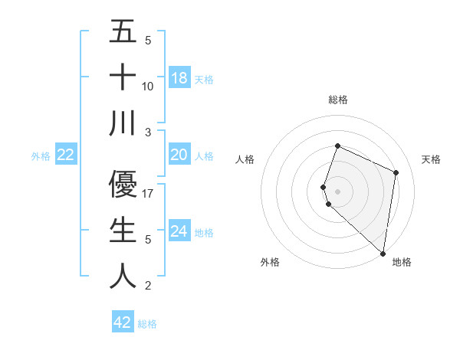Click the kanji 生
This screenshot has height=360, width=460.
tap(123, 230)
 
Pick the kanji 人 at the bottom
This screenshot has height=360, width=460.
tap(123, 276)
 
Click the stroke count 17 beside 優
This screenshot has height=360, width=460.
tap(149, 194)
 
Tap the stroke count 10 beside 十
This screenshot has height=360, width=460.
tap(149, 87)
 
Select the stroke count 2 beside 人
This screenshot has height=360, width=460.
tap(148, 286)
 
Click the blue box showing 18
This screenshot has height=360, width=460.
tap(179, 77)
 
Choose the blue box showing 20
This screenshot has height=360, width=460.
tap(179, 155)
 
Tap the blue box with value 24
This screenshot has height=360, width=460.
tap(179, 231)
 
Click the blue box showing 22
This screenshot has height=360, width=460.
tap(66, 155)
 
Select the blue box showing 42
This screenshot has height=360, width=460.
tap(123, 322)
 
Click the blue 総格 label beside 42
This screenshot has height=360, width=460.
tap(148, 324)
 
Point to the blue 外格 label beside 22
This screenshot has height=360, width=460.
tap(41, 156)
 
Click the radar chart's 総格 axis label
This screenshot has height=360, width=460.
tap(337, 100)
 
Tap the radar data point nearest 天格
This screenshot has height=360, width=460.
tap(396, 172)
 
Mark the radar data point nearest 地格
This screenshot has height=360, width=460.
tap(383, 254)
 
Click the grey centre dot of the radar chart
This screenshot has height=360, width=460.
tap(337, 191)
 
